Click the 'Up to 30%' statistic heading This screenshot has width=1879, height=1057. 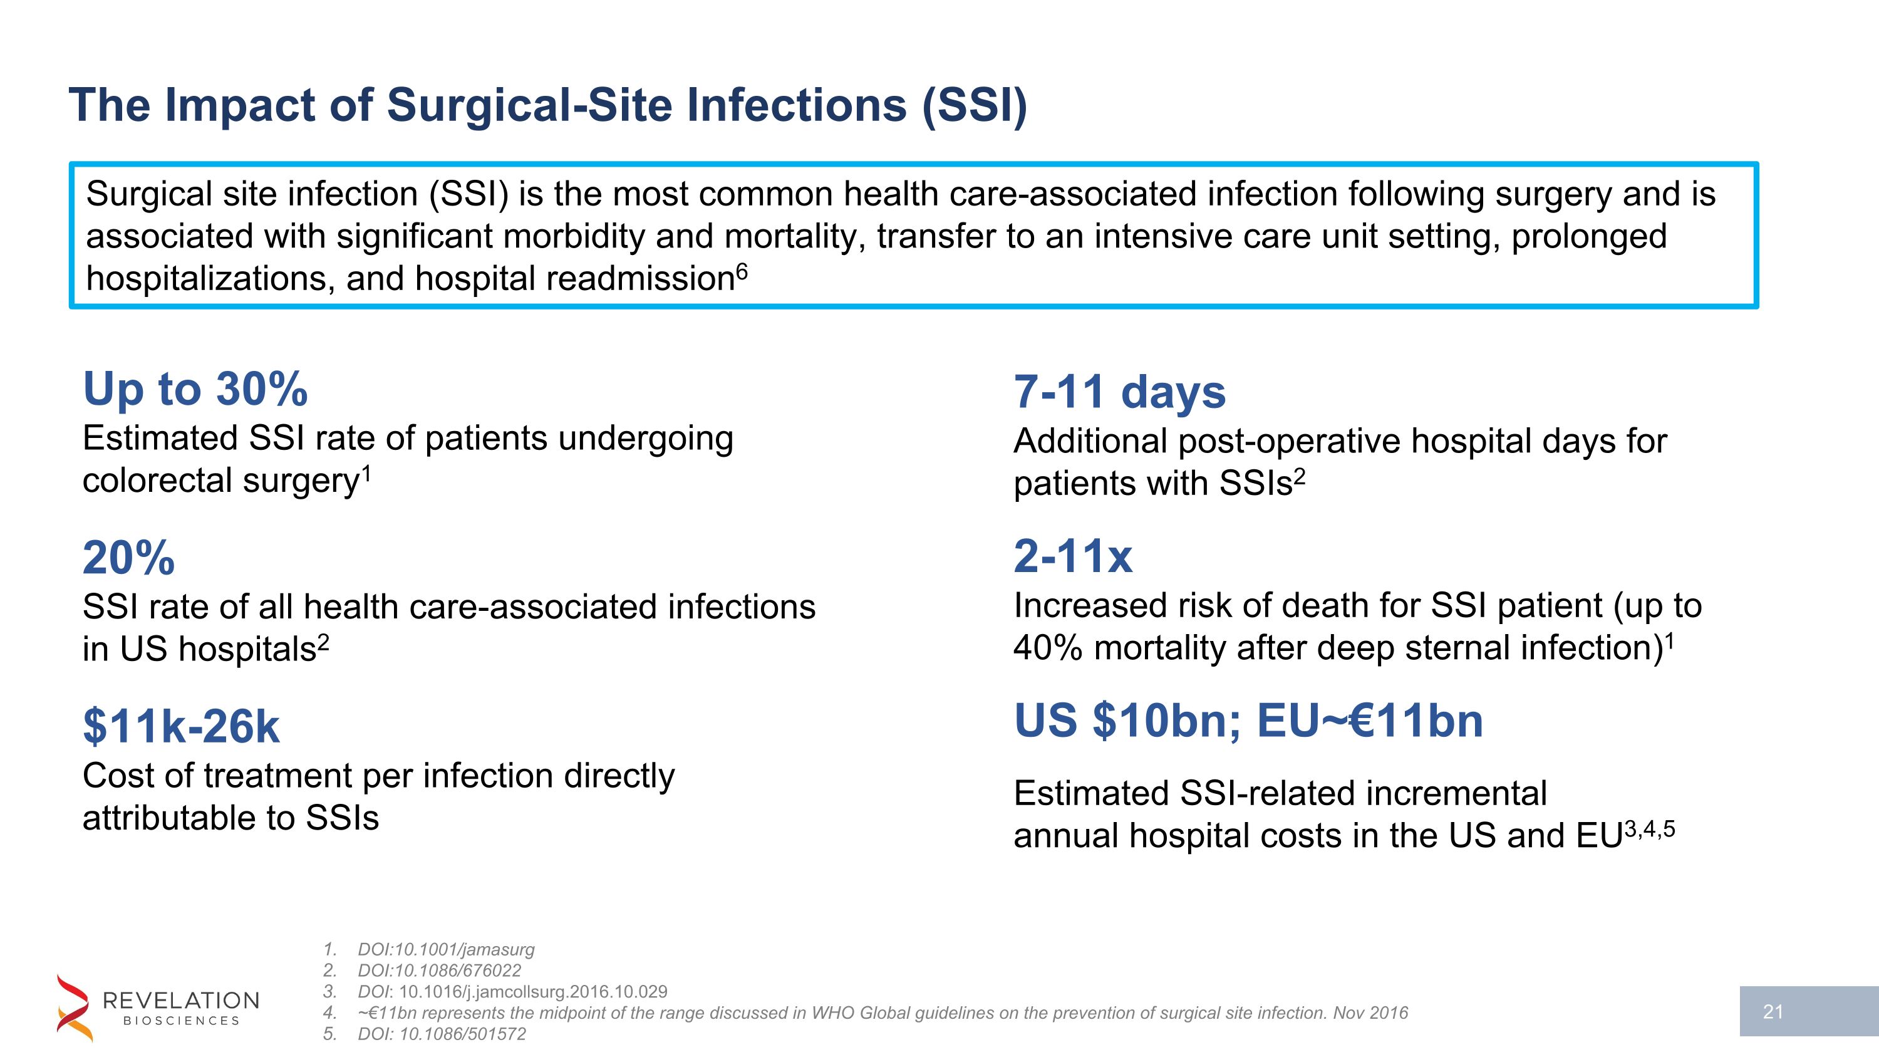pos(195,389)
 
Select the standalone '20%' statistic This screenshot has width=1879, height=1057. pos(128,558)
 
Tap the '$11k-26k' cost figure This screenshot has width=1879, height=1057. pos(181,727)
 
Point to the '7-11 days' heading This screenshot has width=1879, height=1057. pos(1120,392)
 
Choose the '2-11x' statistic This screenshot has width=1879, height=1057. pos(1073,556)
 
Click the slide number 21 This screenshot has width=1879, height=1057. pos(1773,1012)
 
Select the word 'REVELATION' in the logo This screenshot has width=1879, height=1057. pos(181,1000)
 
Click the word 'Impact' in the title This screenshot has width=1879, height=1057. pos(240,105)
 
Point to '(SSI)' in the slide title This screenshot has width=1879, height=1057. pos(975,105)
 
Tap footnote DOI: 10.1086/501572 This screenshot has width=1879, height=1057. pos(442,1034)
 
